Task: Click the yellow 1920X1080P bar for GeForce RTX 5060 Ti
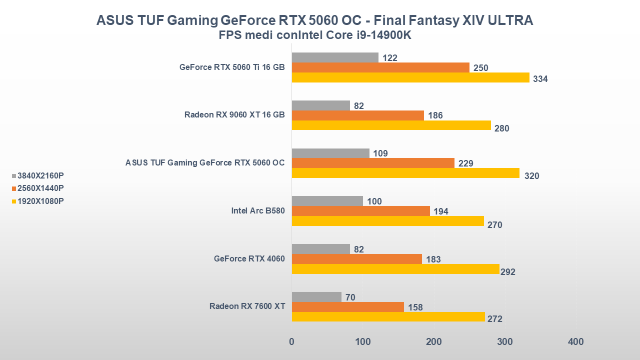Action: [410, 77]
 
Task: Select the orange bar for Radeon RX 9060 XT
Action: [357, 115]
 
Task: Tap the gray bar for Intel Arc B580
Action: [327, 201]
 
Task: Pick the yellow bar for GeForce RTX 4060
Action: [395, 269]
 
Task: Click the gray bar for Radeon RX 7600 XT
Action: [316, 297]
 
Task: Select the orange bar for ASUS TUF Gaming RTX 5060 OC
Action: [373, 163]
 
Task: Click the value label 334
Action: [540, 79]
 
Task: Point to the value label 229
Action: [465, 163]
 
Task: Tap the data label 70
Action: [350, 297]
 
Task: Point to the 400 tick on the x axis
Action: [576, 342]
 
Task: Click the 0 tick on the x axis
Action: [292, 342]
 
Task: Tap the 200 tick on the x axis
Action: [434, 342]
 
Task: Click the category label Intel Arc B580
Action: [258, 210]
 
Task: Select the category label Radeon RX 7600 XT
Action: [247, 306]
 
